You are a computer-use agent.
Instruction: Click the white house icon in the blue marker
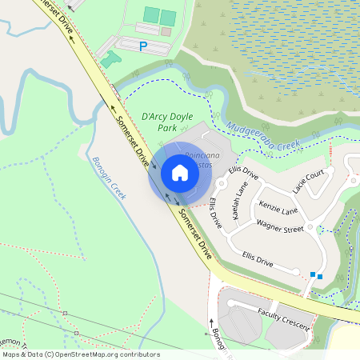click(180, 172)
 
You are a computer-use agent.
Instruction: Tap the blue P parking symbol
click(143, 47)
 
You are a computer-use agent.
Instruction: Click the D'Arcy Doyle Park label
click(166, 121)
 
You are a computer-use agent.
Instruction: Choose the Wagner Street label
click(280, 228)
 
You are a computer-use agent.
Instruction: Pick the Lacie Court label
click(309, 181)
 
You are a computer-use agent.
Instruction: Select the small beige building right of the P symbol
click(166, 32)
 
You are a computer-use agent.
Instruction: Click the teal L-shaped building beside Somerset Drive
click(110, 58)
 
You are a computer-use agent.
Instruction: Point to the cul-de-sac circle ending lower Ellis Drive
click(297, 272)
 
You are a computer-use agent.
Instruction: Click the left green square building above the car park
click(151, 14)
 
